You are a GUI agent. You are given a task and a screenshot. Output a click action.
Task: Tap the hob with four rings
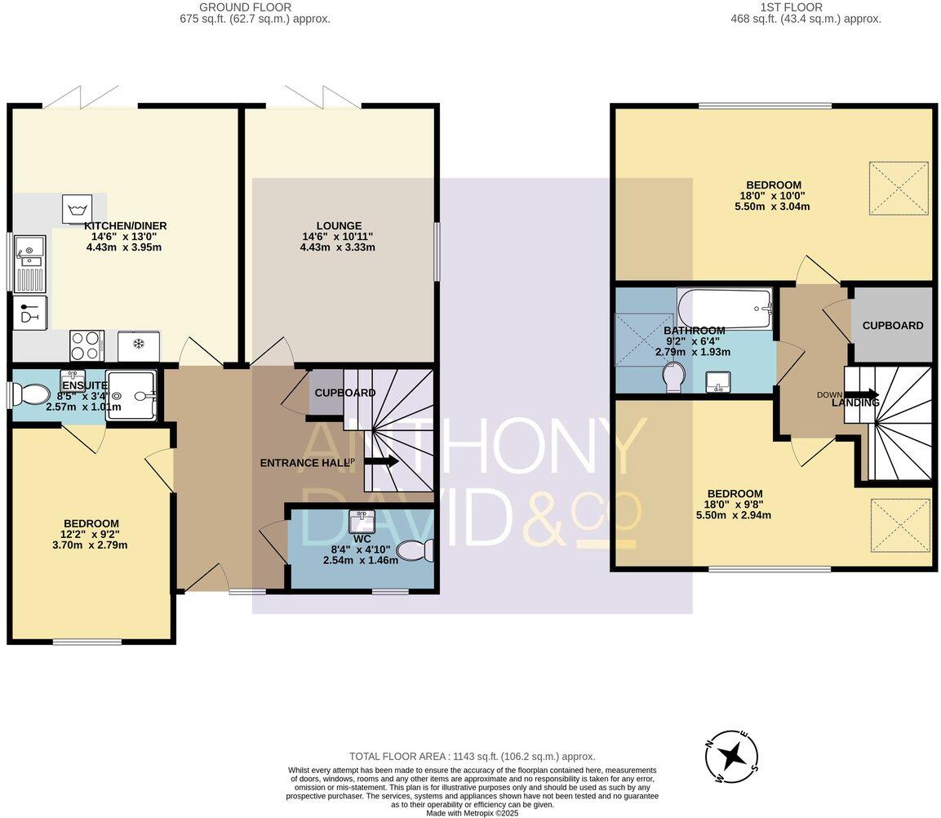(85, 345)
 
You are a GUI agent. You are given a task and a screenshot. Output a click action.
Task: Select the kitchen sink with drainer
(29, 262)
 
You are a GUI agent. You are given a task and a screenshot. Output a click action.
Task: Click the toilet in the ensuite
(33, 396)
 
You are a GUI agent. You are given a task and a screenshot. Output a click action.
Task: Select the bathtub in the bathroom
(724, 309)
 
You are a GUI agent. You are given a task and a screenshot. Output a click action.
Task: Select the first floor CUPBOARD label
(893, 325)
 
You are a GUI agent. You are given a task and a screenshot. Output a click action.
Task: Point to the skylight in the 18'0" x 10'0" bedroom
(899, 189)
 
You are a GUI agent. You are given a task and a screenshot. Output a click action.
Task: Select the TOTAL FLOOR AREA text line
(472, 757)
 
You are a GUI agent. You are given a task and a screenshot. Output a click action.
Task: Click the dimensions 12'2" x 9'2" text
(91, 535)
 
